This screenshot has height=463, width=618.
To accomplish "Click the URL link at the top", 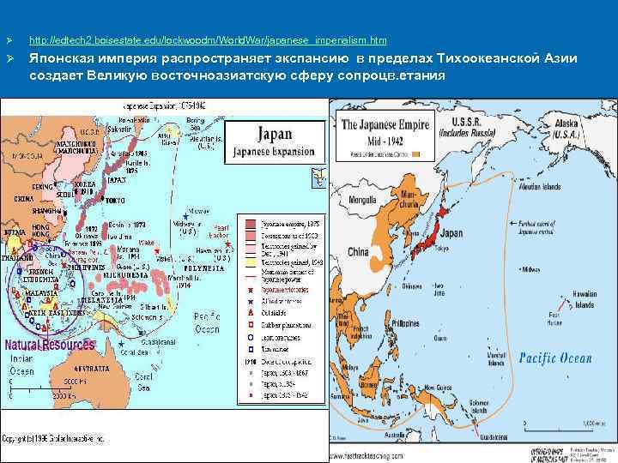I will pyautogui.click(x=208, y=40).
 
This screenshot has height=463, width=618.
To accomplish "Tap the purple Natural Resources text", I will pyautogui.click(x=50, y=345).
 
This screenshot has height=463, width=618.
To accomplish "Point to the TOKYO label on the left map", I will pyautogui.click(x=114, y=201).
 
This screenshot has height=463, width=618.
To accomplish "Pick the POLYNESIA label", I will pyautogui.click(x=203, y=268).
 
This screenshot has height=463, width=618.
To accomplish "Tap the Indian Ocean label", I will pyautogui.click(x=22, y=365).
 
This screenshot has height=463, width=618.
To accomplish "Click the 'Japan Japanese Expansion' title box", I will pyautogui.click(x=275, y=143).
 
